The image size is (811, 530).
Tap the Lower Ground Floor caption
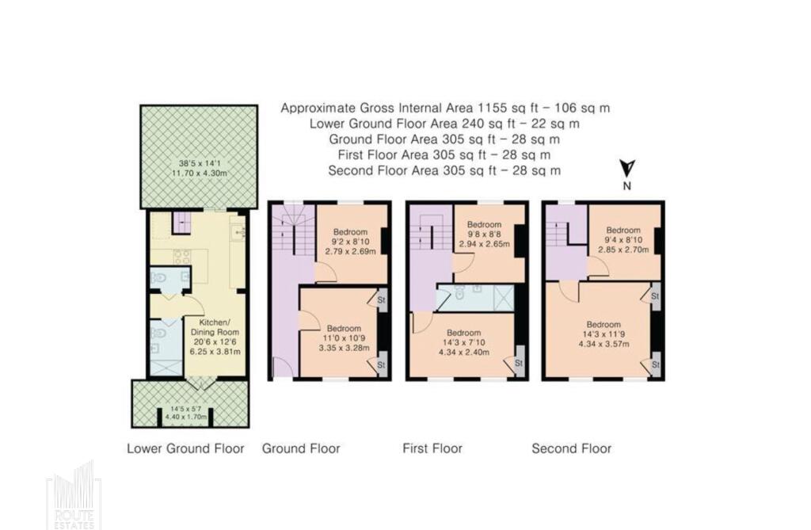click(x=185, y=448)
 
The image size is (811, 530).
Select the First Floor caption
click(x=432, y=448)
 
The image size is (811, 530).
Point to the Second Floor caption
click(x=572, y=448)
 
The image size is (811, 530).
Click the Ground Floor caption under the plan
click(x=301, y=448)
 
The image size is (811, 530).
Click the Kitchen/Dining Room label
click(x=215, y=337)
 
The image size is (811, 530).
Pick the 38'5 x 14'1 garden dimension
click(x=199, y=169)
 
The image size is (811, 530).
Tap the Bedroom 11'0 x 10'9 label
click(x=344, y=338)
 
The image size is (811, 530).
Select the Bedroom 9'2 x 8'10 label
click(x=350, y=242)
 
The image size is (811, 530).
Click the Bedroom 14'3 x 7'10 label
click(x=464, y=342)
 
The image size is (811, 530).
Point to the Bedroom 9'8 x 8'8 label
click(x=485, y=234)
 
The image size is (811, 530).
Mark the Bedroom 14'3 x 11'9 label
click(x=603, y=334)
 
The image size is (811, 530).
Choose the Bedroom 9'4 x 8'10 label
click(x=623, y=239)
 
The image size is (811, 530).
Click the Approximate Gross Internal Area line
click(x=445, y=108)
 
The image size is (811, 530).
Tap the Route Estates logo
click(x=74, y=495)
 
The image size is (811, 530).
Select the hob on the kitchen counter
click(x=182, y=257)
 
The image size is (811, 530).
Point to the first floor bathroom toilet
click(x=459, y=293)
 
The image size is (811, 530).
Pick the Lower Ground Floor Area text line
click(x=445, y=124)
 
